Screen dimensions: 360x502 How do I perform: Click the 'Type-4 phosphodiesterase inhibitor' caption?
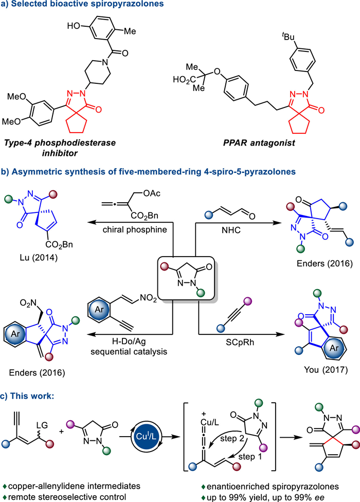(60, 148)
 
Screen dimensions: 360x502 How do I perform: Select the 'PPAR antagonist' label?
(259, 143)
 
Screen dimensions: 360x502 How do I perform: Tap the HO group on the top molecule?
(74, 26)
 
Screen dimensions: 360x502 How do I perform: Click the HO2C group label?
(185, 79)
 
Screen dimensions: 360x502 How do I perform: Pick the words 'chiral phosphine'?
(135, 229)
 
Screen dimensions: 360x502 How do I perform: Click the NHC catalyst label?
(231, 230)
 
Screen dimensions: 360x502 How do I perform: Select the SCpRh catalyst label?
(240, 342)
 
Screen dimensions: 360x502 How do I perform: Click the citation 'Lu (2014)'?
(39, 257)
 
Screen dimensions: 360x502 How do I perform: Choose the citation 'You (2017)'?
(326, 370)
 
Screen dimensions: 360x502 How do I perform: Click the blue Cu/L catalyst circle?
(146, 436)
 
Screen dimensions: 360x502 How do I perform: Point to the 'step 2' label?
(232, 438)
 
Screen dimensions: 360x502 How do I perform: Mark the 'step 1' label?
(250, 456)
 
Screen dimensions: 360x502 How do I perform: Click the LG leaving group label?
(42, 425)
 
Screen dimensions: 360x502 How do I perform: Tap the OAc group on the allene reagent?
(152, 193)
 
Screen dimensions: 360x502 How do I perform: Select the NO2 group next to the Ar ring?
(149, 299)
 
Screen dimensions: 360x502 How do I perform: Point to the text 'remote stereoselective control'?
(67, 497)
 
